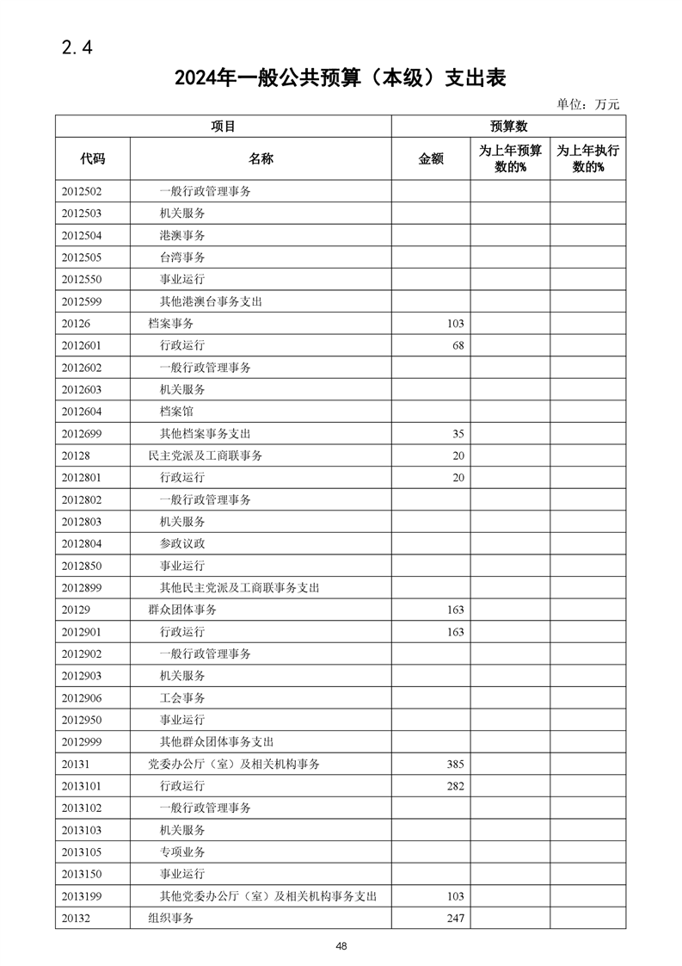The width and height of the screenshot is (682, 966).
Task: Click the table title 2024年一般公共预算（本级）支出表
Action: point(340,78)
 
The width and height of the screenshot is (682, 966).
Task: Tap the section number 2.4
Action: point(77,47)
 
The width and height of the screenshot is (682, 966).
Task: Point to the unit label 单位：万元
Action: point(587,104)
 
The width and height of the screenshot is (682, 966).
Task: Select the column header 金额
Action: point(431,158)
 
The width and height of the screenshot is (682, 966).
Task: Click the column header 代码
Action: point(93,158)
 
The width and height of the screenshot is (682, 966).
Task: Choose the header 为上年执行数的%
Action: point(588,158)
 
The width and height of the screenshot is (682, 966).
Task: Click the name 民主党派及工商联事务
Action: point(206,455)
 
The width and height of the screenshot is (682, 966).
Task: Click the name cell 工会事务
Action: point(182,697)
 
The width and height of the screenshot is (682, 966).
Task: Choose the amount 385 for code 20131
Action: point(455,764)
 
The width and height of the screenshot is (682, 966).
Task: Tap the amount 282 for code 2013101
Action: point(455,785)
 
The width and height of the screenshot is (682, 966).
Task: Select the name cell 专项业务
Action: point(182,851)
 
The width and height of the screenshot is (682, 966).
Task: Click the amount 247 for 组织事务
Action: point(455,918)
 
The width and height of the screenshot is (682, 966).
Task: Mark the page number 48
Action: point(341,946)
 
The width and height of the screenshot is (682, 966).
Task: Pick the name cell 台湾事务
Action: point(182,257)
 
